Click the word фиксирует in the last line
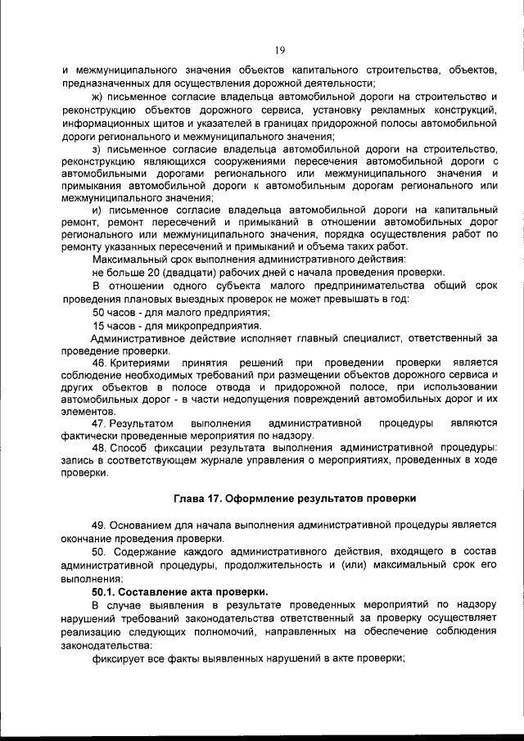point(120,657)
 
